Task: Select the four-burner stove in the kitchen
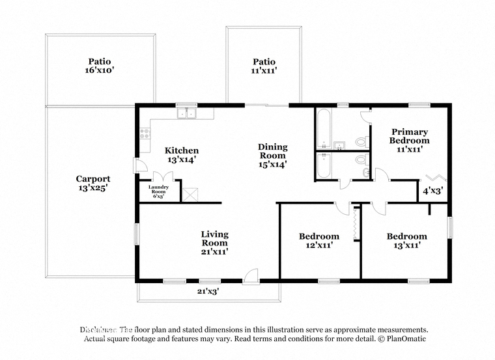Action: coord(145,135)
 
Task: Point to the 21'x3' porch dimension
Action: coord(207,292)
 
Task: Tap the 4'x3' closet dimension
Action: coord(432,191)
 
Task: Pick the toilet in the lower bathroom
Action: coord(361,159)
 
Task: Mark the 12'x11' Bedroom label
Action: coord(318,241)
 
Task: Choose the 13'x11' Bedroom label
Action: coord(406,241)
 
